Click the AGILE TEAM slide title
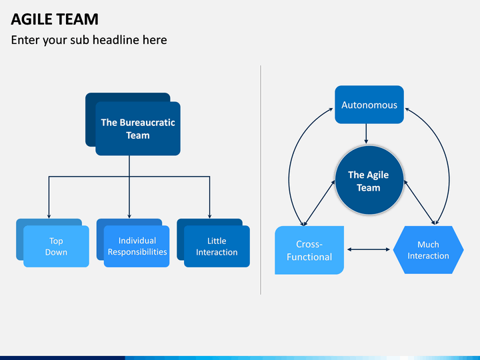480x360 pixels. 55,19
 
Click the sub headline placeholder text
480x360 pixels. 89,40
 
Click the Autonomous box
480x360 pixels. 369,105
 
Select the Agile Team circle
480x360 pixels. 369,180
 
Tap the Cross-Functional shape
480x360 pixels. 309,250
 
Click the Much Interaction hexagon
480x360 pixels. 428,250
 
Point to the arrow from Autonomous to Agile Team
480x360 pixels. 366,134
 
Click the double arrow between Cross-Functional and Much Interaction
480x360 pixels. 369,249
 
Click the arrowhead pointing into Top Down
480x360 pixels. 49,216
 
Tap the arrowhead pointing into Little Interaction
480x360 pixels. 210,216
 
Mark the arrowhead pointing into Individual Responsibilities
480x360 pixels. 129,216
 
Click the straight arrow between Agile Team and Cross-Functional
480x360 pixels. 319,203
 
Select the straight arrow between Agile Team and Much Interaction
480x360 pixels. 419,203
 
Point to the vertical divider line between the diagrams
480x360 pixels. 261,180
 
